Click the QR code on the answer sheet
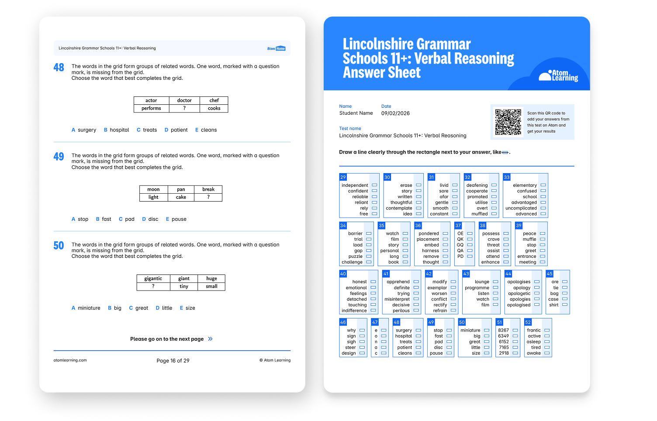pos(508,122)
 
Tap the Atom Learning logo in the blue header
pos(558,75)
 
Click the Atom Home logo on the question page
pos(276,48)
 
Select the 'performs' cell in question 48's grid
pos(151,108)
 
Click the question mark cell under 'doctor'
pos(184,108)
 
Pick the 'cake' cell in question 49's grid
pos(181,198)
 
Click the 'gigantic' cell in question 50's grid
pos(153,278)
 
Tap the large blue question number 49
pos(59,157)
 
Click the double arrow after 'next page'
pos(210,339)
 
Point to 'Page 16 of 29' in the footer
pos(173,361)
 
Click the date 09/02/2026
pos(395,113)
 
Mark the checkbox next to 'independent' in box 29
pos(374,185)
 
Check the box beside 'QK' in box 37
pos(470,239)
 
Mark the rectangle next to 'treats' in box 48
pos(418,342)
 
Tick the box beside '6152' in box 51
pos(515,342)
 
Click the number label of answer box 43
pos(466,274)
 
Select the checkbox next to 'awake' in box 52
pos(547,353)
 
